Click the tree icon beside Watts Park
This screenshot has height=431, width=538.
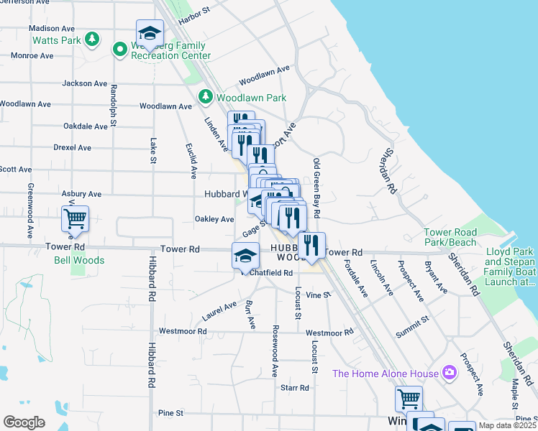coord(91,39)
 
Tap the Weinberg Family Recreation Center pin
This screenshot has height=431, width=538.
coord(119,49)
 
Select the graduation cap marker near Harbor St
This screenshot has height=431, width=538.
coord(150,33)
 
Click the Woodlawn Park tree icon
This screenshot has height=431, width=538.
coord(205,96)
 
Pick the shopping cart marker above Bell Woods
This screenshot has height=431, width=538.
coord(76,218)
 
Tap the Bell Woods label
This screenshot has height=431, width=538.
coord(79,260)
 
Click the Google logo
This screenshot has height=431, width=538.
coord(24,422)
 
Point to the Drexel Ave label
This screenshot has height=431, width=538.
coord(72,147)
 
